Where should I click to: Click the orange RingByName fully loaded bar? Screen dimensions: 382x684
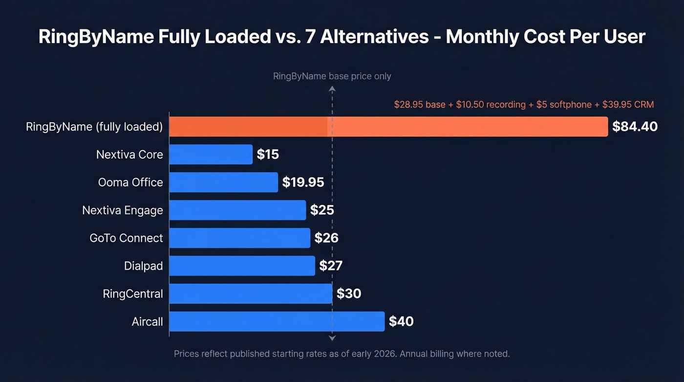pos(388,127)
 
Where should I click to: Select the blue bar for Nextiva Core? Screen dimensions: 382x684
pos(211,155)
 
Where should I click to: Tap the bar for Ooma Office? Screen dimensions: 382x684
pos(223,182)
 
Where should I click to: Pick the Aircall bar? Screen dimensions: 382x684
pos(277,321)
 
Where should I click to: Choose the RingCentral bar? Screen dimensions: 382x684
pos(250,293)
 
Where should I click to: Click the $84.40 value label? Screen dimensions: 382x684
pos(635,127)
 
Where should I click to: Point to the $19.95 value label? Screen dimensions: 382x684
pos(303,182)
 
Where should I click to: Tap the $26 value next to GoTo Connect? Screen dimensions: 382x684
pos(326,238)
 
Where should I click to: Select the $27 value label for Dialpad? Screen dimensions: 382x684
pos(331,266)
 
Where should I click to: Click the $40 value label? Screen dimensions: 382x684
pos(401,321)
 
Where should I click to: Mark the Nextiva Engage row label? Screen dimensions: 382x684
pos(122,210)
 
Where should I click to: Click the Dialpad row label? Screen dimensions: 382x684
pos(143,266)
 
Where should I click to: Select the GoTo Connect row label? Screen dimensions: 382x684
pos(126,238)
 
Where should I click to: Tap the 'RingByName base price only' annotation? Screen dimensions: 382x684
pos(332,76)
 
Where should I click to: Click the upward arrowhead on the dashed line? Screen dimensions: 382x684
pos(332,89)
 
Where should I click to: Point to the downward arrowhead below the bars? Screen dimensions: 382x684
pos(332,338)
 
